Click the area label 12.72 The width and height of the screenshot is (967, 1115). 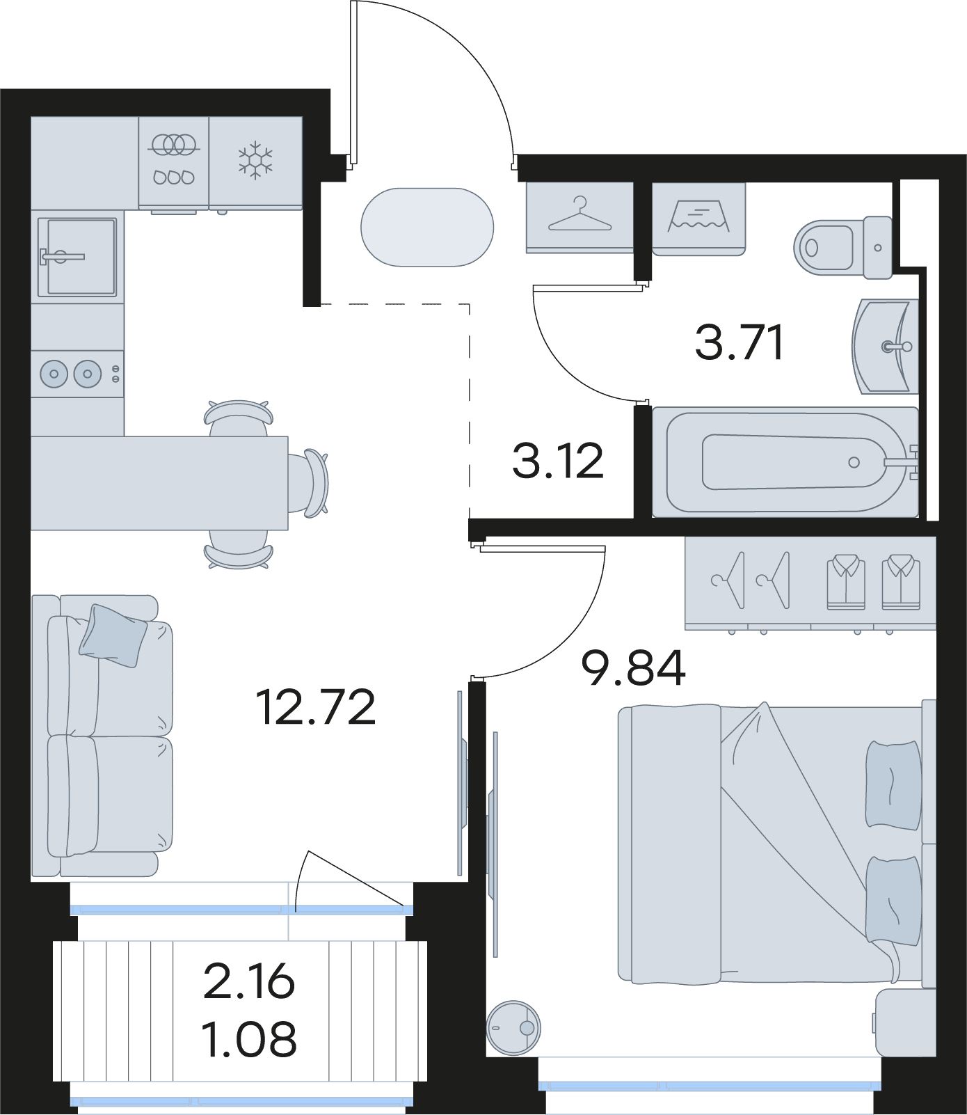(316, 706)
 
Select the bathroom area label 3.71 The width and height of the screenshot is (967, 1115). (740, 342)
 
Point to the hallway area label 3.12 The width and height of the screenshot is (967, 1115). (557, 461)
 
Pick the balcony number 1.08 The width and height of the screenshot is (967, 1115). (249, 1039)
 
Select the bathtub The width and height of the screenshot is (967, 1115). (785, 462)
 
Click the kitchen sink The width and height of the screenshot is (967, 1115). (77, 256)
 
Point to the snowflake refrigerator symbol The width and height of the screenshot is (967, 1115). (255, 161)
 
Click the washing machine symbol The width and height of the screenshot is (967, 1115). (698, 217)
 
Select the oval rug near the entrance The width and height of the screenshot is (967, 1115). (427, 227)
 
